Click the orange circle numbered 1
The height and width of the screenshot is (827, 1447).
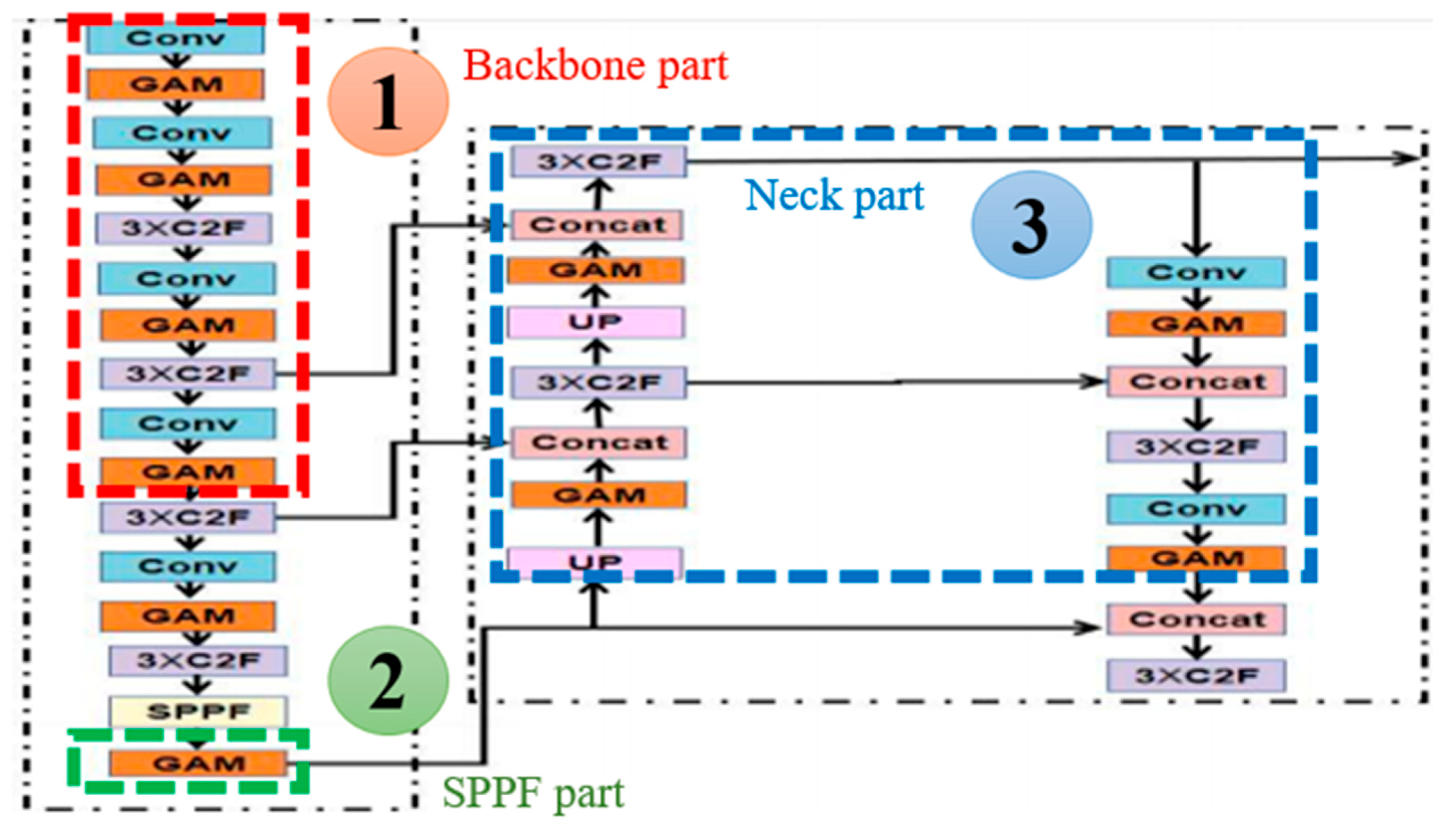coord(388,102)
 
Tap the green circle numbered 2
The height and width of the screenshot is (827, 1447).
coord(388,680)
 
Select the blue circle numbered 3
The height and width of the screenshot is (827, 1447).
coord(1032,225)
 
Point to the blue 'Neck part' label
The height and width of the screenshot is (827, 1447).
coord(834,196)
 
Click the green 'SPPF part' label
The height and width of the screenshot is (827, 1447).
coord(533,793)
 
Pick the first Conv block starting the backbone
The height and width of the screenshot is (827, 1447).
coord(176,38)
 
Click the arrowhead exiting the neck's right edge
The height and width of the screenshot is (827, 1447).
coord(1409,158)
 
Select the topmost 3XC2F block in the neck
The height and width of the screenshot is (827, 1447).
coord(599,162)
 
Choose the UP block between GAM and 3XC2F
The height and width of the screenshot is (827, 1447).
coord(596,322)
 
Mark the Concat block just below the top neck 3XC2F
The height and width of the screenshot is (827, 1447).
coord(598,225)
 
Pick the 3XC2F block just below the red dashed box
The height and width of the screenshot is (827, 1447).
coord(188,517)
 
